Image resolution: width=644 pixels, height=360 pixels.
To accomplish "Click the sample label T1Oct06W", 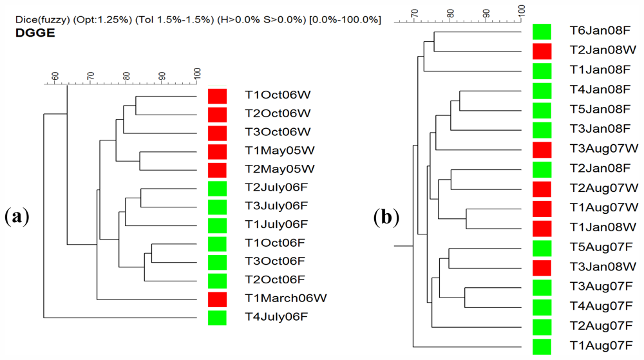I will [278, 95].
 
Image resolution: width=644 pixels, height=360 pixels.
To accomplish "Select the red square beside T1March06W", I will [218, 298].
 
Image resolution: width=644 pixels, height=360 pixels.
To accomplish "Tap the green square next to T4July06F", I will [218, 317].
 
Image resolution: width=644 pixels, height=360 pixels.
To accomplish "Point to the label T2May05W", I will [279, 169].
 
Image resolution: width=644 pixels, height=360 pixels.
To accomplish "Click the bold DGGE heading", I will [35, 33].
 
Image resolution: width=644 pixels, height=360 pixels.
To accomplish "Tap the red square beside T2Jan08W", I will [542, 50].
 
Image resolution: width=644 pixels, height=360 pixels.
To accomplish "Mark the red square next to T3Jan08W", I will [542, 267].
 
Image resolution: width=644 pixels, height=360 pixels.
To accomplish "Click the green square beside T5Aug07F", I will [542, 247].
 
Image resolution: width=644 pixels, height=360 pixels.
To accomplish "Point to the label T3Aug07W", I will [603, 148].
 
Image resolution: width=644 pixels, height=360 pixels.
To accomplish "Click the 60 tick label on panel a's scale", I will [55, 77].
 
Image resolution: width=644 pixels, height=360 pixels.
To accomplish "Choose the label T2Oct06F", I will [275, 279].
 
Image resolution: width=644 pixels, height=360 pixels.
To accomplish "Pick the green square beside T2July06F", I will [218, 188].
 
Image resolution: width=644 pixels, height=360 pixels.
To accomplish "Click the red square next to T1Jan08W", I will [542, 227].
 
